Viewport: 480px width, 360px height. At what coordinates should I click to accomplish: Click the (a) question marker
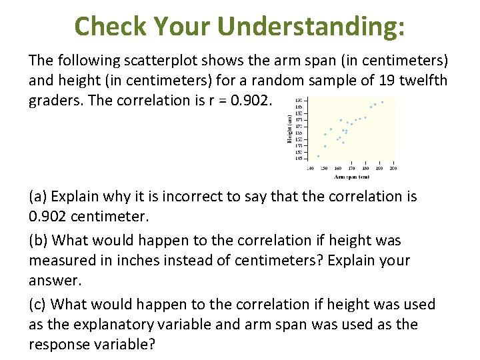(38, 197)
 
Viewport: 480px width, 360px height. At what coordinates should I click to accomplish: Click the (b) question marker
(38, 240)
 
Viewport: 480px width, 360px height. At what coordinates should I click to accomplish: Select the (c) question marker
(38, 304)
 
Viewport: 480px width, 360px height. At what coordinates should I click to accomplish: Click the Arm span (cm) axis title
(351, 177)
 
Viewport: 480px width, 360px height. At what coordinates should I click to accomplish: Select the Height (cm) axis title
(289, 130)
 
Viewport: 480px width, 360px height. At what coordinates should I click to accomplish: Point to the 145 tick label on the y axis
(299, 159)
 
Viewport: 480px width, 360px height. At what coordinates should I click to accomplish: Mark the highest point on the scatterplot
(382, 102)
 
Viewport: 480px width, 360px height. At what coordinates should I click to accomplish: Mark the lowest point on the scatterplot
(318, 156)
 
